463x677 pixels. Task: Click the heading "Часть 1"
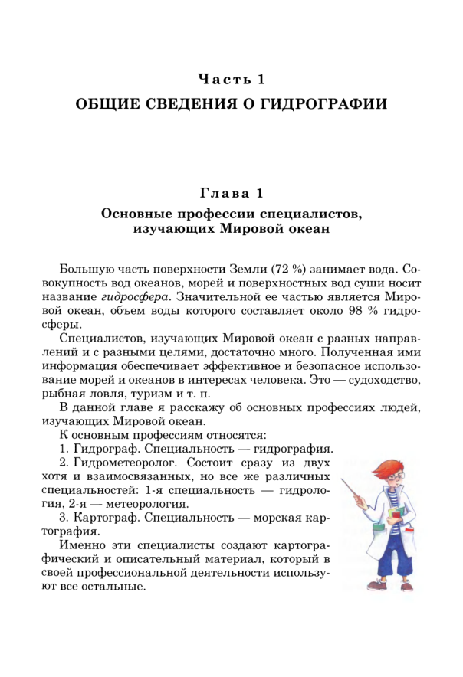pos(231,78)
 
